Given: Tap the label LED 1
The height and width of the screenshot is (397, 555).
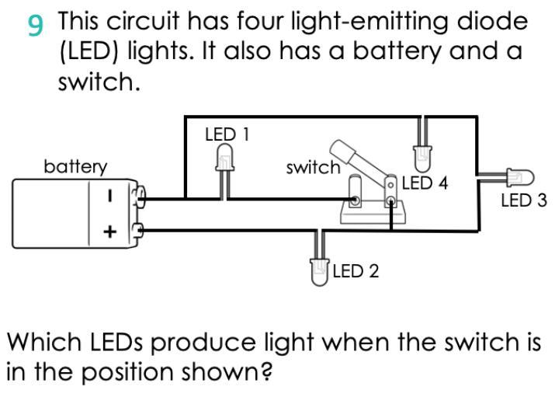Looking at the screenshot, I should pos(227,134).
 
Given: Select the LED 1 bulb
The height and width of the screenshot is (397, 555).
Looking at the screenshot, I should pos(224,162).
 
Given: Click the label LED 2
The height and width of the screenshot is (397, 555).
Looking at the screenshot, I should pos(356,271).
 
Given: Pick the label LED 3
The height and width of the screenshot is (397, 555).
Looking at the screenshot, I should pos(523,200).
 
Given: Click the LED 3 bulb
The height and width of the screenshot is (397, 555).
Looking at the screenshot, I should pos(513,178).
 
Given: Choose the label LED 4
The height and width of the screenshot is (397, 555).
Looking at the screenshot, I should pos(425,184).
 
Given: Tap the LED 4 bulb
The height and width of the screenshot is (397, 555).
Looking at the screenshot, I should pos(421,158).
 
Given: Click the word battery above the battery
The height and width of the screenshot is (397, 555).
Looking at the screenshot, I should pos(75,166).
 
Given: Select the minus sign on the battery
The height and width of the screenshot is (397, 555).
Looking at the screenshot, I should pos(111,197).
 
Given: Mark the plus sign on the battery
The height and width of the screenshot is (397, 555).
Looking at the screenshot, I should pos(110,231).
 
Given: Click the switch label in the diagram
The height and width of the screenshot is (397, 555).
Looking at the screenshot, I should pos(313,167).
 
